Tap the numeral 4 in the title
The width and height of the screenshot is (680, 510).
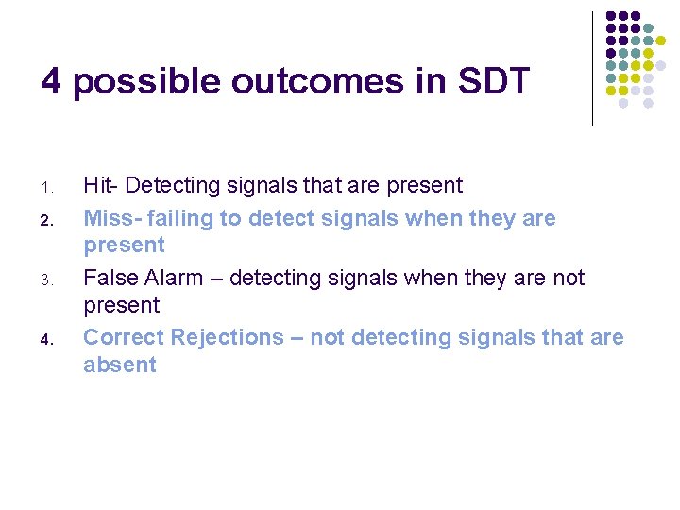[x=51, y=82]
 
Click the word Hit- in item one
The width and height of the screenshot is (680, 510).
[x=101, y=185]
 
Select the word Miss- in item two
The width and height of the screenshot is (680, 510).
[x=112, y=218]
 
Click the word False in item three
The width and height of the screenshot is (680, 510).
[x=110, y=278]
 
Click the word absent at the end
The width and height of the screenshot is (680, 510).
[x=119, y=365]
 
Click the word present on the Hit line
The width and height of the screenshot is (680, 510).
[x=422, y=185]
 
